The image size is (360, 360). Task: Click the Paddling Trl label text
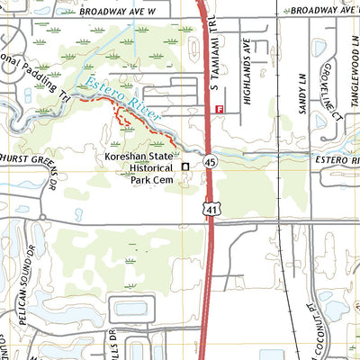36,79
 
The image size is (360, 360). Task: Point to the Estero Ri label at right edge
337,160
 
